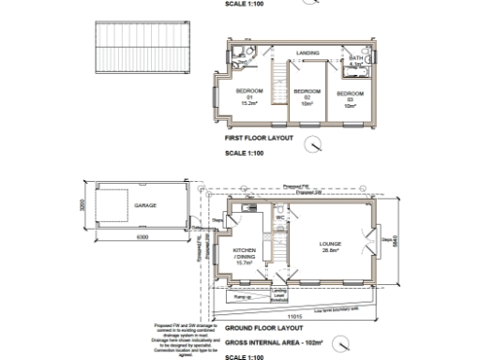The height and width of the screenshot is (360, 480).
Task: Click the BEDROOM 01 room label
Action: coord(250,97)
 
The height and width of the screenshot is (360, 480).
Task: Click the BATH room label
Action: coord(355,59)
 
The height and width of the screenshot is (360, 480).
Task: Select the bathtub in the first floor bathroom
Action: coord(357,72)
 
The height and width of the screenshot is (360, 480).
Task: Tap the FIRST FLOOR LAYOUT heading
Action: coord(260,138)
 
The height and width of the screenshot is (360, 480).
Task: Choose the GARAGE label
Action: coord(145,203)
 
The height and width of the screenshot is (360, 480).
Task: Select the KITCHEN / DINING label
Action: coord(247,257)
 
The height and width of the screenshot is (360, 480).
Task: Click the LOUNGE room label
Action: coord(329,247)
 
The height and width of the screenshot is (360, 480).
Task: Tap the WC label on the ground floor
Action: coord(279,218)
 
